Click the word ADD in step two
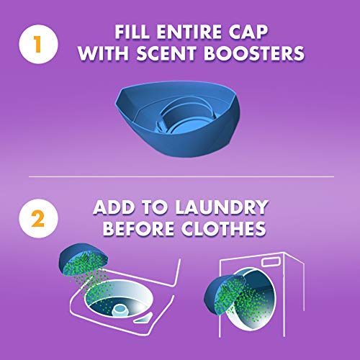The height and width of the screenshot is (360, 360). pos(115,208)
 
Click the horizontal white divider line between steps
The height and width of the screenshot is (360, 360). pos(180,176)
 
